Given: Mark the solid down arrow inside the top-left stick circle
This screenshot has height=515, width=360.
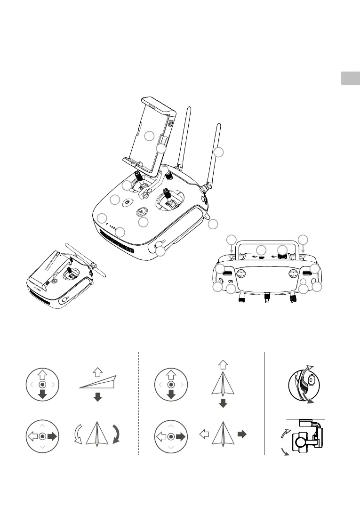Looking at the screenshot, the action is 42,394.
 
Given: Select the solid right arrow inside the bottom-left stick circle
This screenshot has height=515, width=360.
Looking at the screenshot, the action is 52,437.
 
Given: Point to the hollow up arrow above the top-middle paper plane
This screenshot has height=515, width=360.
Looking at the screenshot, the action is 224,364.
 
